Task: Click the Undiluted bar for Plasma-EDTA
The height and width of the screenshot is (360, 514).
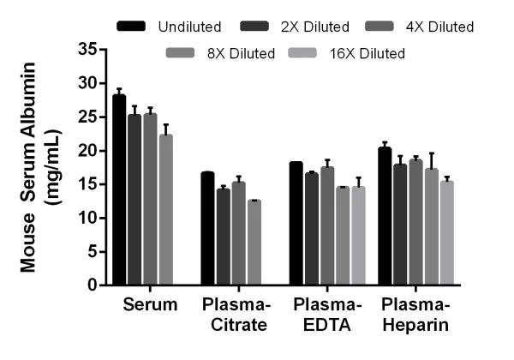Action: pos(296,224)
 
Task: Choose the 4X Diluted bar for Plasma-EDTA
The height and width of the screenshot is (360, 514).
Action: pos(326,226)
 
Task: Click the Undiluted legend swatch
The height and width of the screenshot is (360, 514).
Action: pos(134,27)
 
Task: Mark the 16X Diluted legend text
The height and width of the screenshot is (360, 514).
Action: pos(369,54)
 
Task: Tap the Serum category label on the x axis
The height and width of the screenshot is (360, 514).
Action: pos(150,305)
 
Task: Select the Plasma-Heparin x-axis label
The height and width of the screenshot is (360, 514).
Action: pos(417,315)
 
